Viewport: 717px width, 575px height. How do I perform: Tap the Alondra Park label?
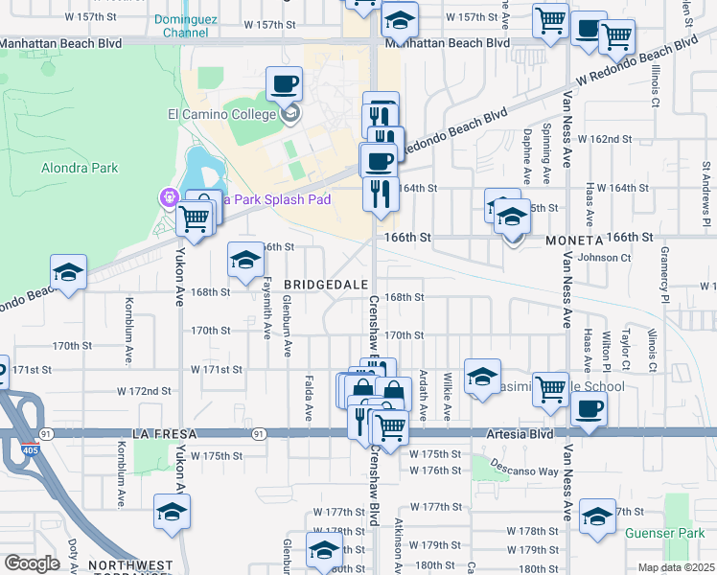79,168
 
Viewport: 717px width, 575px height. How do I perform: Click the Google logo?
32,563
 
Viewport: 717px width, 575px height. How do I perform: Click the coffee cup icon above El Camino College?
284,84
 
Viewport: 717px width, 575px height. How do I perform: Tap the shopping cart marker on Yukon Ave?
195,218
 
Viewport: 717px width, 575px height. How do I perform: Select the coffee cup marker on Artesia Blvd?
588,408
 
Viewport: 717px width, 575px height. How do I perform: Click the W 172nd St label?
144,391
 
